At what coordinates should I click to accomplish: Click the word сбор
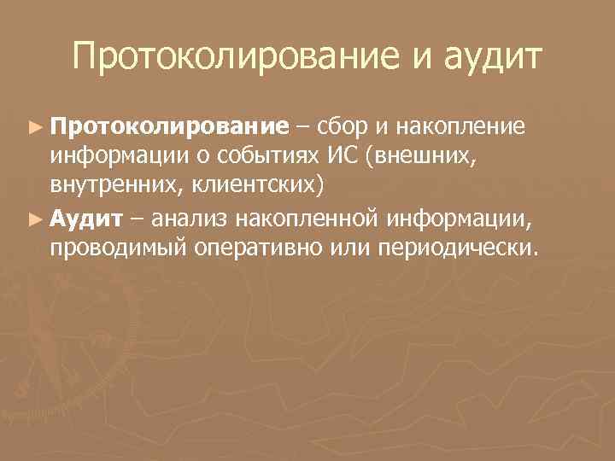point(343,128)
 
